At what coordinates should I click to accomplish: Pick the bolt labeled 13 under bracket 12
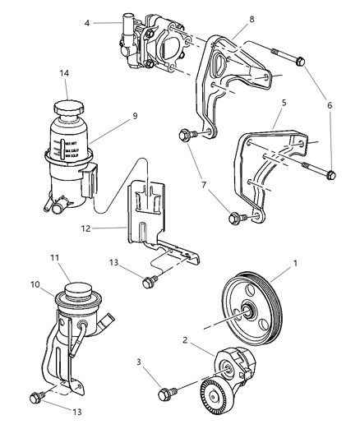pyautogui.click(x=150, y=283)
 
